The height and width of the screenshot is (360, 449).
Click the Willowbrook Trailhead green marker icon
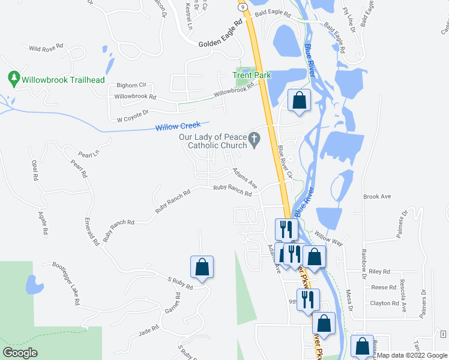coord(13,78)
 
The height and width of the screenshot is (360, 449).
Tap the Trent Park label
coord(252,76)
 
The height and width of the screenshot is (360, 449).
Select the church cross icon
coord(255,141)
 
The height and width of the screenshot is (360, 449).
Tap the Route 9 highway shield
coord(242,7)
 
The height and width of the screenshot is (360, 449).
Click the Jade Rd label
coord(148,329)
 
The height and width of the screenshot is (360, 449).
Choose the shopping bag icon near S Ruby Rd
coord(202,267)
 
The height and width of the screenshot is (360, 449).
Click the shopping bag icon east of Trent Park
coord(299,100)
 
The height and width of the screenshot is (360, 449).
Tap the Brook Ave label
coord(377,196)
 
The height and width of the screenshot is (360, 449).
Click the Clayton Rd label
coord(385,304)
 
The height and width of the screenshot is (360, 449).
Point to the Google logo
coord(20,353)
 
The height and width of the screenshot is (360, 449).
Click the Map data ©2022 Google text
coord(411,355)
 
